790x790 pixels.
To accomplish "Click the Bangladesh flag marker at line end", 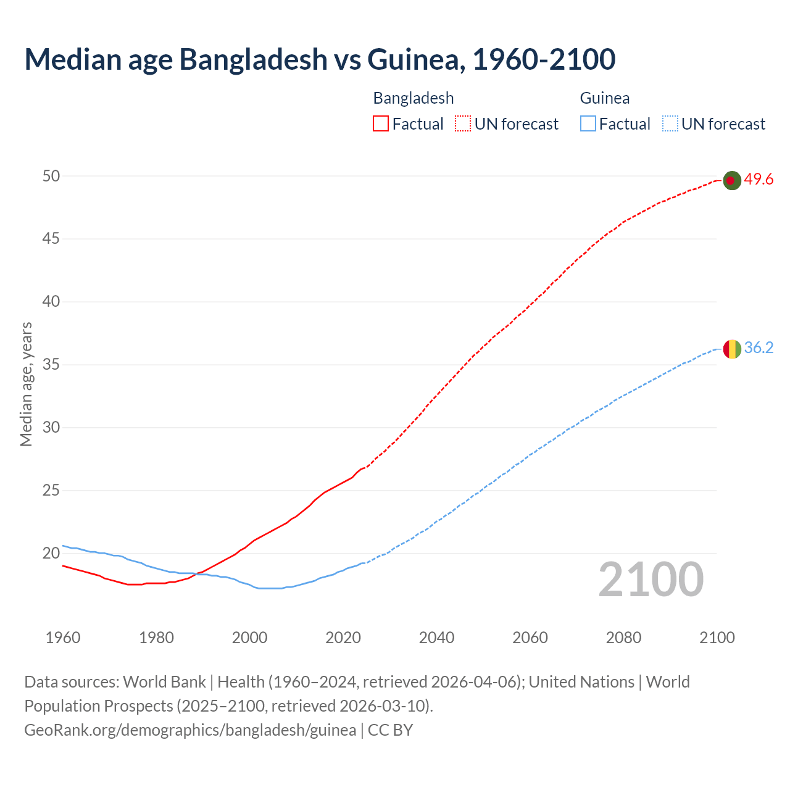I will point(731,180).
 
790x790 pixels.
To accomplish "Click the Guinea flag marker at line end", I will point(731,349).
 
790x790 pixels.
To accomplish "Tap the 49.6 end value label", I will point(759,180).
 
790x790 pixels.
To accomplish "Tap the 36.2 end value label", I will point(759,348).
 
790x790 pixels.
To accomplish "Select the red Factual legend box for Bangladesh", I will point(381,124).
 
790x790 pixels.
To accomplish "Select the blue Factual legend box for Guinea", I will point(588,124).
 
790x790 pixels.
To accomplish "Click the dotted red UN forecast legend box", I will point(463,124).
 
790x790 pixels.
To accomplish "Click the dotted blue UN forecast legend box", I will point(670,124).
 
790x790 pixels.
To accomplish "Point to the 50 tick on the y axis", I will point(51,176).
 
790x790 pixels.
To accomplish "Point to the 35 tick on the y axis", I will point(51,365).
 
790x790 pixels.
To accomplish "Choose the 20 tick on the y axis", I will point(51,554).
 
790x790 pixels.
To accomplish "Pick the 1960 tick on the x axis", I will point(63,638).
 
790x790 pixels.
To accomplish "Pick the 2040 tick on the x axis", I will point(436,638).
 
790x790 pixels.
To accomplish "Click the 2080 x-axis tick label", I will point(623,638).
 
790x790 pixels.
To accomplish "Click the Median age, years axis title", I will point(26,384).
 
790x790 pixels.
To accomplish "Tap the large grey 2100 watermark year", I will point(651,580).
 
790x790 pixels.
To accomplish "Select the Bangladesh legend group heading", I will point(414,98).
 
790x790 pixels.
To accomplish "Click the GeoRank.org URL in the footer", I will point(190,730).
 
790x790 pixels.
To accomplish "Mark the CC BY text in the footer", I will point(391,730).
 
